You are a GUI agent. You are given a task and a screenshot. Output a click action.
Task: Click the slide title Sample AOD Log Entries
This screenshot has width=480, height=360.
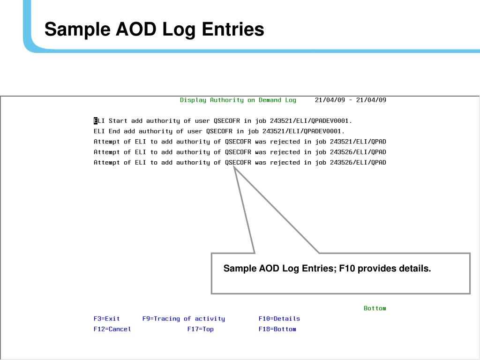(x=154, y=29)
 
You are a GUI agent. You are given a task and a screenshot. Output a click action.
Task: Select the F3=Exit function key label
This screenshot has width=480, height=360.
(x=107, y=319)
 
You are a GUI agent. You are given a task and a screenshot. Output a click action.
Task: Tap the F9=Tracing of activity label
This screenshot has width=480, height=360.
(x=184, y=319)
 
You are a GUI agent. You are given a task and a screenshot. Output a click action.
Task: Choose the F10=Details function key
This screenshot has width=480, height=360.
(x=279, y=319)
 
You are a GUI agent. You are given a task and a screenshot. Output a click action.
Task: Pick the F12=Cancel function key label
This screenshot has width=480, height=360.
(x=112, y=329)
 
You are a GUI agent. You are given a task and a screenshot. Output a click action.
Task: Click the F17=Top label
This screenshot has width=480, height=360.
(x=200, y=329)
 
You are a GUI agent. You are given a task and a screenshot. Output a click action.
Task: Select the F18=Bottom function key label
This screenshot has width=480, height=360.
(x=277, y=329)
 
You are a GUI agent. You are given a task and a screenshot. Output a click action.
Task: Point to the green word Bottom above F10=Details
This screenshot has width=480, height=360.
(x=375, y=308)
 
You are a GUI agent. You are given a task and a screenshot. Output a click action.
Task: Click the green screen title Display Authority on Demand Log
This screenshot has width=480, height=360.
(x=238, y=100)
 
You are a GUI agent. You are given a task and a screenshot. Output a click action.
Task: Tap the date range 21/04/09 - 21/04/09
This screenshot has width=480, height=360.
(x=351, y=100)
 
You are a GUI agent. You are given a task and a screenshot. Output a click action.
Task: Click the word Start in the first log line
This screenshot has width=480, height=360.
(x=118, y=121)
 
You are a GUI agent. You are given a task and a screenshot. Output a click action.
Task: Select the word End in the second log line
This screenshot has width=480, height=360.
(x=114, y=131)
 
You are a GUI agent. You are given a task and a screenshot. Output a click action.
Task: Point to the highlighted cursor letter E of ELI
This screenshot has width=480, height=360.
(x=96, y=121)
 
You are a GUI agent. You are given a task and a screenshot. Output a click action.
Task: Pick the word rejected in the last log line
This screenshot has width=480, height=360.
(x=285, y=163)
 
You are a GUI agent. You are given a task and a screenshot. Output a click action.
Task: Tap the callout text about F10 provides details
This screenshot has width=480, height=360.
(x=327, y=269)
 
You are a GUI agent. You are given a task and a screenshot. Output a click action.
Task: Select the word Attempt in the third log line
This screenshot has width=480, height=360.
(x=107, y=142)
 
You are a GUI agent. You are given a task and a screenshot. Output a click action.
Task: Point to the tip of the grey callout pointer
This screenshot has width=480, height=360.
(x=235, y=168)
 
